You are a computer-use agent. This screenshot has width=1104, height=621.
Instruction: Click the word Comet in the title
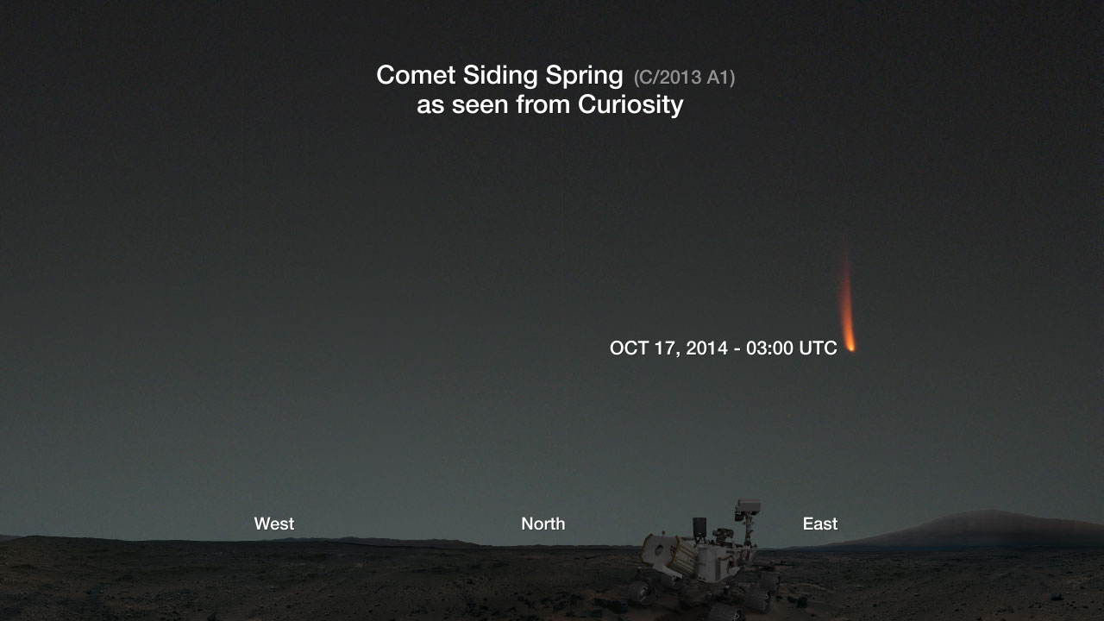tap(416, 75)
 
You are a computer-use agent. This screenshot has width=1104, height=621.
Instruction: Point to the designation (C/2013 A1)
tap(684, 78)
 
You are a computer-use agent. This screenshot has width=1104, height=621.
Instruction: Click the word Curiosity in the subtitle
tap(630, 105)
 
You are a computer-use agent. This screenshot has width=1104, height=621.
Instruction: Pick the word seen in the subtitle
tap(480, 105)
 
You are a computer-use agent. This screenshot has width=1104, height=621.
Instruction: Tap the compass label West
tap(274, 524)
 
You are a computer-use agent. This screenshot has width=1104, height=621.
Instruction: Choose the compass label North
tap(543, 524)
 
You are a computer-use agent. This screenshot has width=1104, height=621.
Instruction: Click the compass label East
tap(820, 524)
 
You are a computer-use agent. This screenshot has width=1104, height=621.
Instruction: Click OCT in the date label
tap(629, 348)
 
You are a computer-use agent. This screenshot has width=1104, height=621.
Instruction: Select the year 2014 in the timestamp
tap(707, 348)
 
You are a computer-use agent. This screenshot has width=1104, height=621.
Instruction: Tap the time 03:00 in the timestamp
tap(769, 348)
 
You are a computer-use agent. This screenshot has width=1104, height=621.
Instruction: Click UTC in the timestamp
tap(819, 348)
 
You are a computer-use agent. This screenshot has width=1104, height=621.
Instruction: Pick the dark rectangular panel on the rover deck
tap(699, 527)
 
